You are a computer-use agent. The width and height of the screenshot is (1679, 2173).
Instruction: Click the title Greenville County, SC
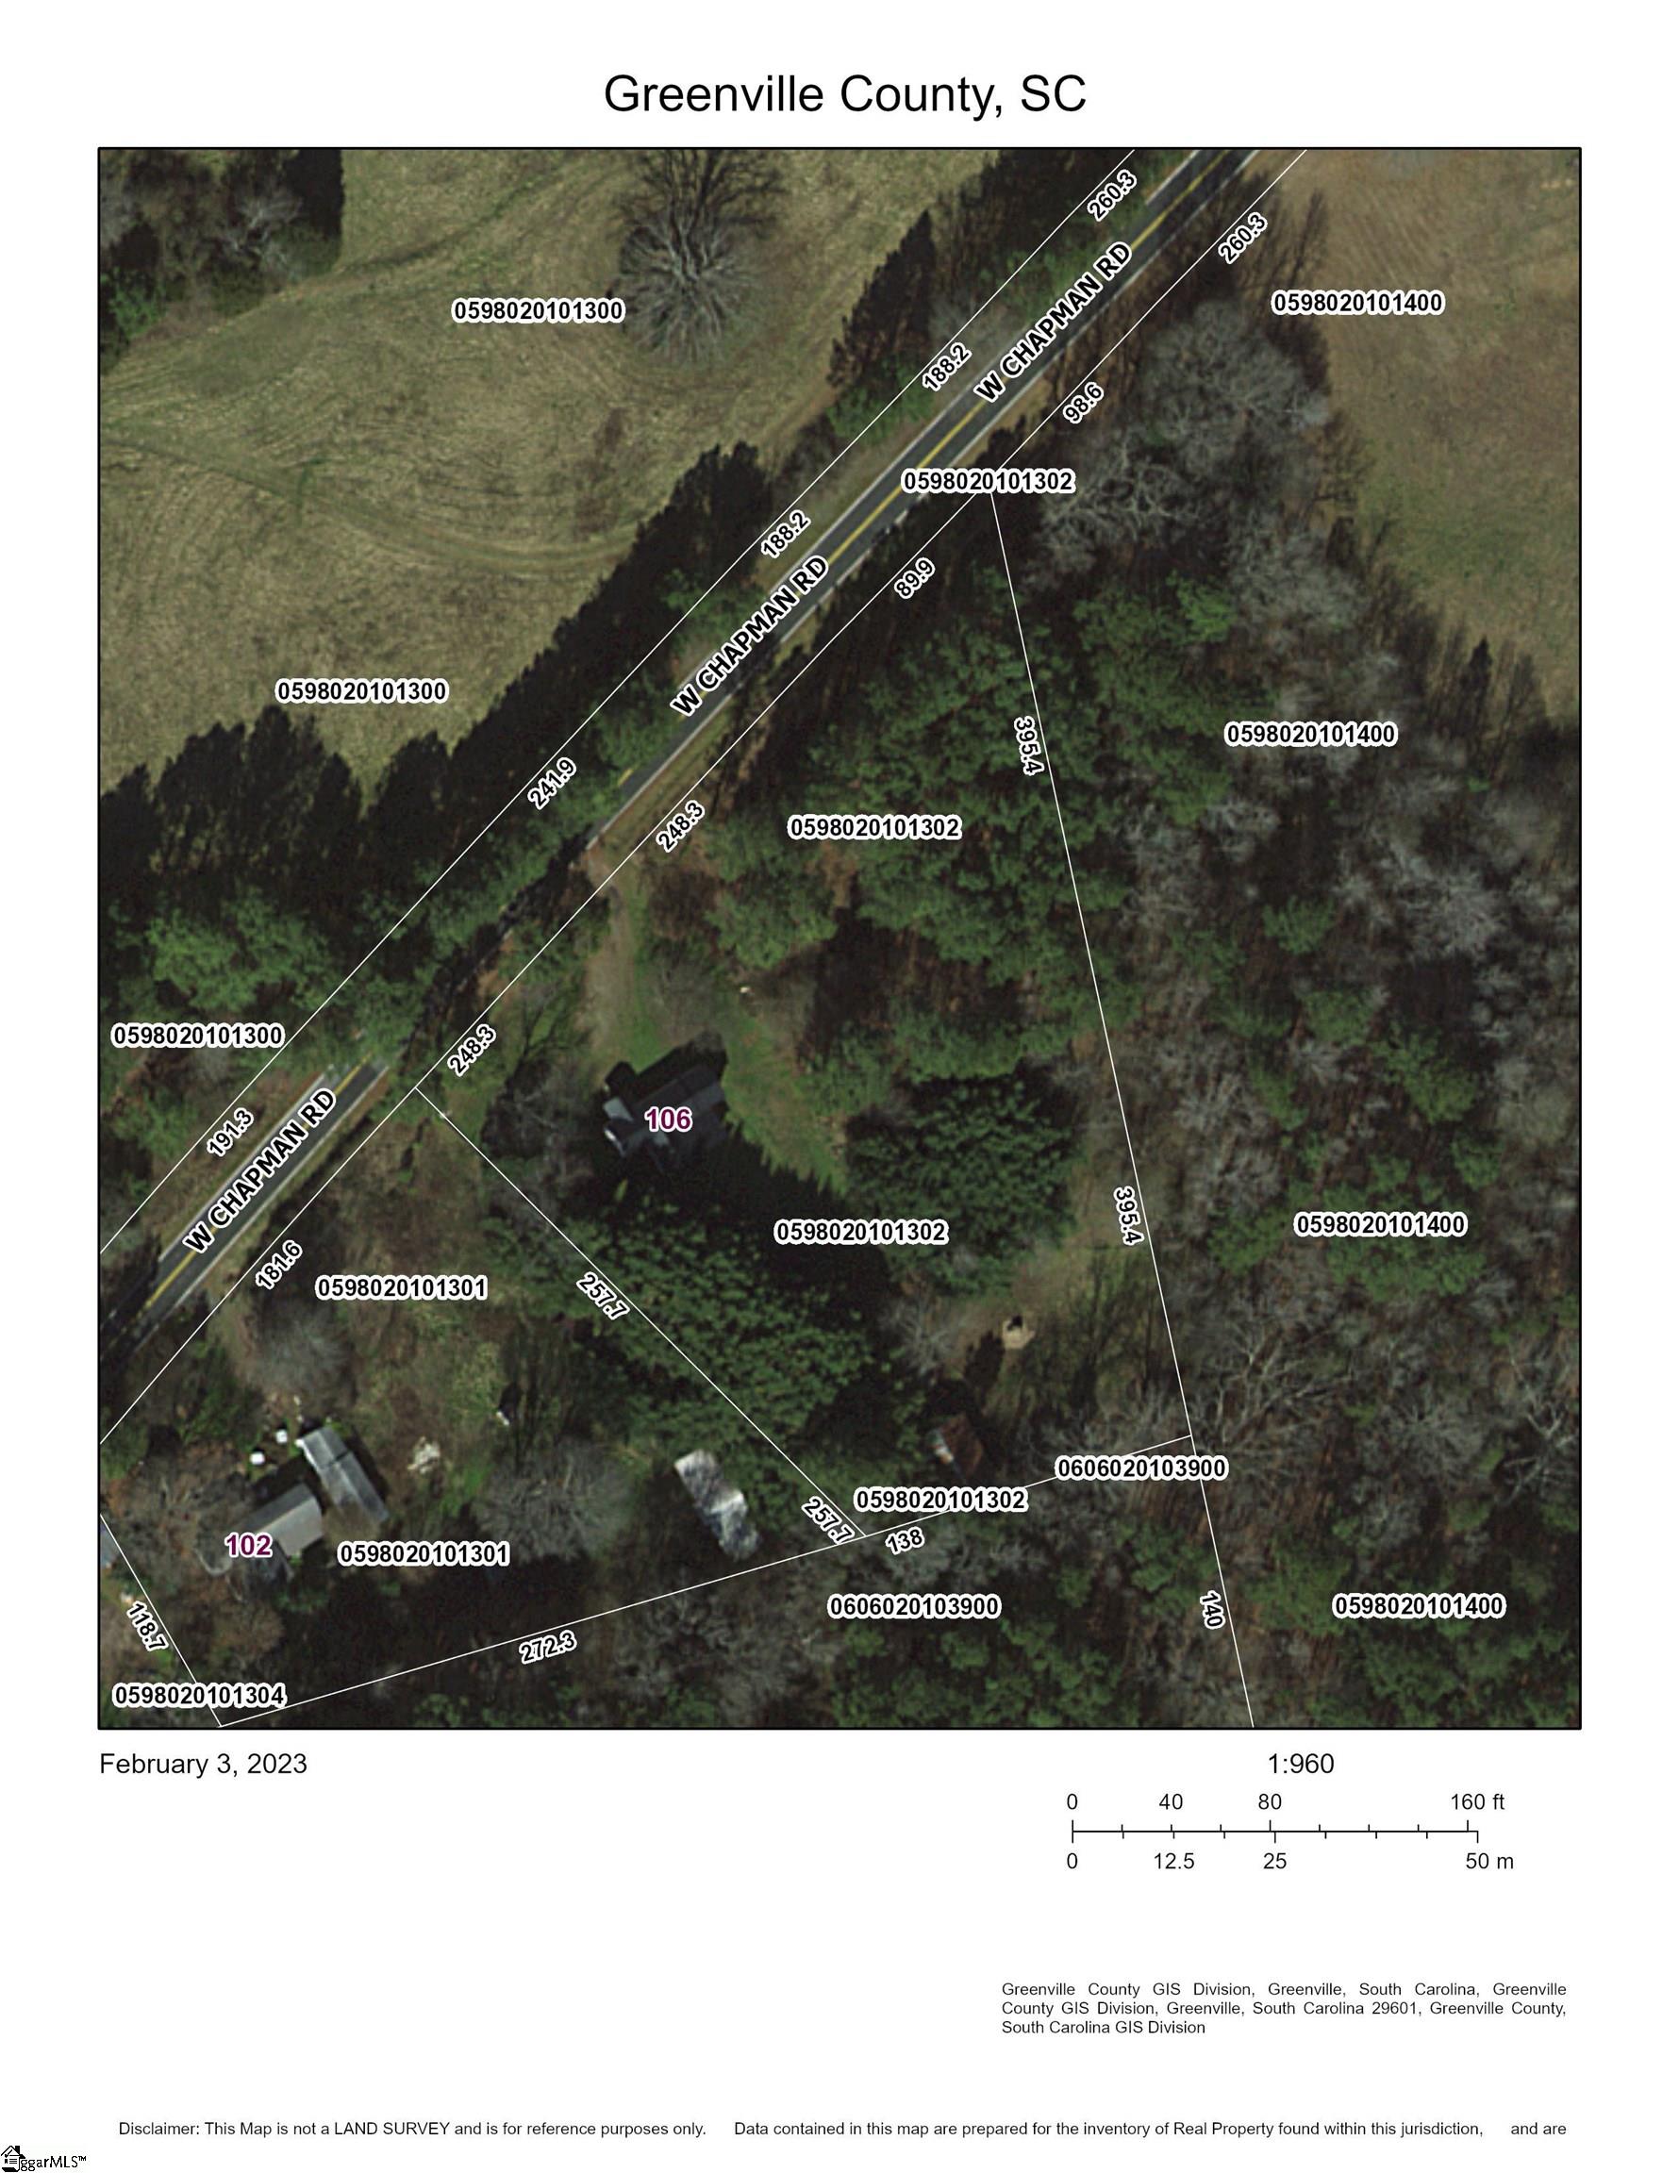pyautogui.click(x=844, y=94)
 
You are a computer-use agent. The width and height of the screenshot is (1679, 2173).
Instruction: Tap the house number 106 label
pyautogui.click(x=668, y=1120)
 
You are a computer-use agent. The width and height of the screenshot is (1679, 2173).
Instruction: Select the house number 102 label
pyautogui.click(x=248, y=1545)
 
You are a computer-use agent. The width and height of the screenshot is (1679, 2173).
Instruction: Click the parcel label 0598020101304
pyautogui.click(x=200, y=1696)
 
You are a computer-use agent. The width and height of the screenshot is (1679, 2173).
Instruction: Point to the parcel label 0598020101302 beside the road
pyautogui.click(x=989, y=482)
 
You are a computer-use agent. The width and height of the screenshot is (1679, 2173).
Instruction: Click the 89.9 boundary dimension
pyautogui.click(x=915, y=578)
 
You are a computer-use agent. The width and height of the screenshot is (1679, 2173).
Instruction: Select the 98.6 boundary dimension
pyautogui.click(x=1083, y=403)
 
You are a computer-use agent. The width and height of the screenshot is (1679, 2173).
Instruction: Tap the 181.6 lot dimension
pyautogui.click(x=278, y=1266)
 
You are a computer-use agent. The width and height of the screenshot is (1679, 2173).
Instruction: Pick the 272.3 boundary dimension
pyautogui.click(x=547, y=1646)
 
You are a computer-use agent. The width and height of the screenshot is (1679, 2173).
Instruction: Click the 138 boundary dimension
pyautogui.click(x=905, y=1539)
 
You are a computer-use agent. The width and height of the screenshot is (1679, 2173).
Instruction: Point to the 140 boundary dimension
pyautogui.click(x=1211, y=1609)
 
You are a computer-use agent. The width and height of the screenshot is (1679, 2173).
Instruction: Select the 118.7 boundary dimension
pyautogui.click(x=145, y=1627)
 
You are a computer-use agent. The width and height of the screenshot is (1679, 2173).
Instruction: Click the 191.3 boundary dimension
pyautogui.click(x=230, y=1133)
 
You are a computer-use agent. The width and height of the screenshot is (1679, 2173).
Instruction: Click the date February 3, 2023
pyautogui.click(x=203, y=1764)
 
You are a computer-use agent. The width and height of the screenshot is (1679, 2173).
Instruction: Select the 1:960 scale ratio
pyautogui.click(x=1300, y=1764)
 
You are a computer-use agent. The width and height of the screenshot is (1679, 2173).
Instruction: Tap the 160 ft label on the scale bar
pyautogui.click(x=1477, y=1802)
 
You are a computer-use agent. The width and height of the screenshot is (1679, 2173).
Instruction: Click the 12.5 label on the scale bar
pyautogui.click(x=1174, y=1862)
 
